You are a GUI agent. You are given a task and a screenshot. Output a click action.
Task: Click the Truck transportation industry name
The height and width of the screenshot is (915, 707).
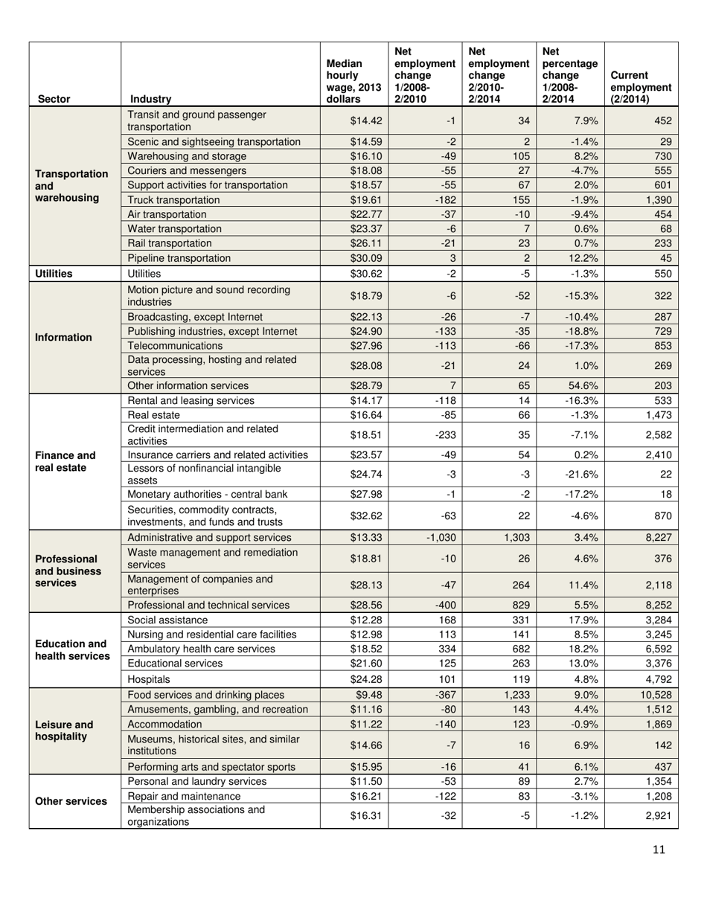(174, 200)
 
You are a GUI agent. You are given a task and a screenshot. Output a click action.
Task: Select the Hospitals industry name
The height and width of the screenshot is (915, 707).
(150, 678)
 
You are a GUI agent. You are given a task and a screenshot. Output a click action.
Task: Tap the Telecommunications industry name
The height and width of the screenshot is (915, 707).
(175, 346)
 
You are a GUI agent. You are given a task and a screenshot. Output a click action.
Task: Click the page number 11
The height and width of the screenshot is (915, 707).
(658, 850)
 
